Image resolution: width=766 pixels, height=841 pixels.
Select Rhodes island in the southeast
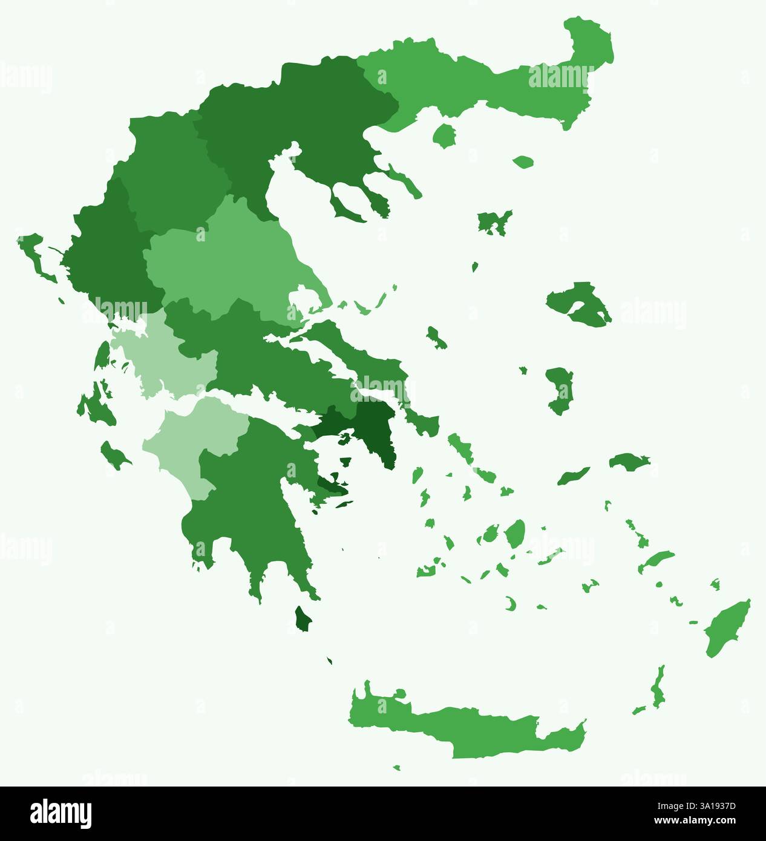(728, 629)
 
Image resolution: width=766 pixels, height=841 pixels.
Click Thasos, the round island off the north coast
(445, 136)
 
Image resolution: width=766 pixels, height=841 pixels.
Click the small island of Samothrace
(523, 162)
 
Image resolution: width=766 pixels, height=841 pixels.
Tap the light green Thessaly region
(230, 260)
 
